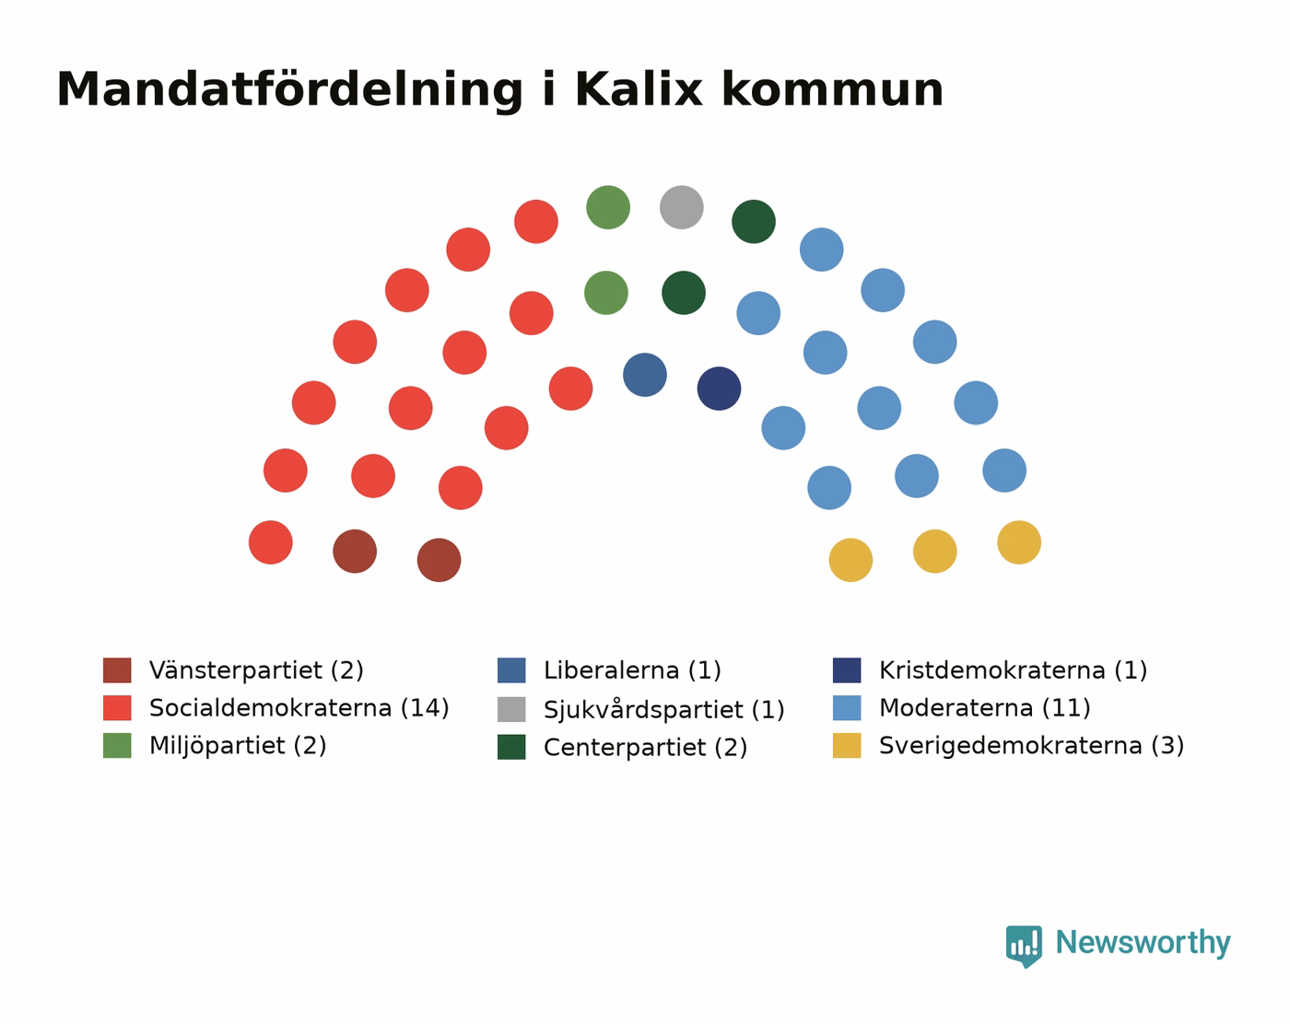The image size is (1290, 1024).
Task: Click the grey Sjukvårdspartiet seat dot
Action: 681,207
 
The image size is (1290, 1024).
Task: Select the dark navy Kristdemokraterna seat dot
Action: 719,389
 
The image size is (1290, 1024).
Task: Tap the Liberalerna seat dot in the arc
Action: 644,375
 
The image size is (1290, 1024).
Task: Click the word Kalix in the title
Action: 639,90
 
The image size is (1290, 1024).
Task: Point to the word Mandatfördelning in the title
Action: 289,91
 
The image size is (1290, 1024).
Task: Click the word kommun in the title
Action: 833,90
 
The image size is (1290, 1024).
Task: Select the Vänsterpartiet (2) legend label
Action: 256,670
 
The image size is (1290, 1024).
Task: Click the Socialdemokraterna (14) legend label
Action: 299,708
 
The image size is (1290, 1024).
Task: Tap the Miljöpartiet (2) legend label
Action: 238,746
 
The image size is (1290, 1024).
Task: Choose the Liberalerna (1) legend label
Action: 632,670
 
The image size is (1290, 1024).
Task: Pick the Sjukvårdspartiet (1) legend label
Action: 664,709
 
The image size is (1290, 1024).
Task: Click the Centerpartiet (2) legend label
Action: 646,747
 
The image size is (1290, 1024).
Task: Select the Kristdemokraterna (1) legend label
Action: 1013,670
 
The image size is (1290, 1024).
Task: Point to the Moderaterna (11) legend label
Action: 984,708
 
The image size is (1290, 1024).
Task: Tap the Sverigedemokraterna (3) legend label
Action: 1032,746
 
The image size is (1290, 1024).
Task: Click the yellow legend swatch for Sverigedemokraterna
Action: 847,745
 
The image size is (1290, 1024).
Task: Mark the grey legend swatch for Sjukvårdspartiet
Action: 511,709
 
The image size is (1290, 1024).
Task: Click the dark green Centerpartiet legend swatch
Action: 511,747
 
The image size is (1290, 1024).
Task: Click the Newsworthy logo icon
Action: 1024,946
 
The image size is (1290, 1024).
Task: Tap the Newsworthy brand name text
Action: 1143,943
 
